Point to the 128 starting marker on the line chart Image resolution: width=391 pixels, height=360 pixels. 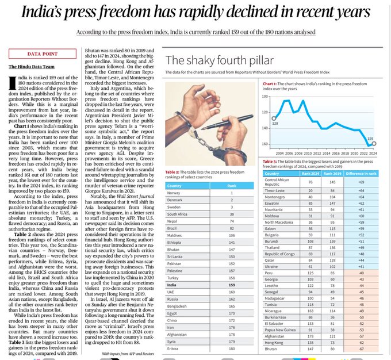click(x=274, y=118)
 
